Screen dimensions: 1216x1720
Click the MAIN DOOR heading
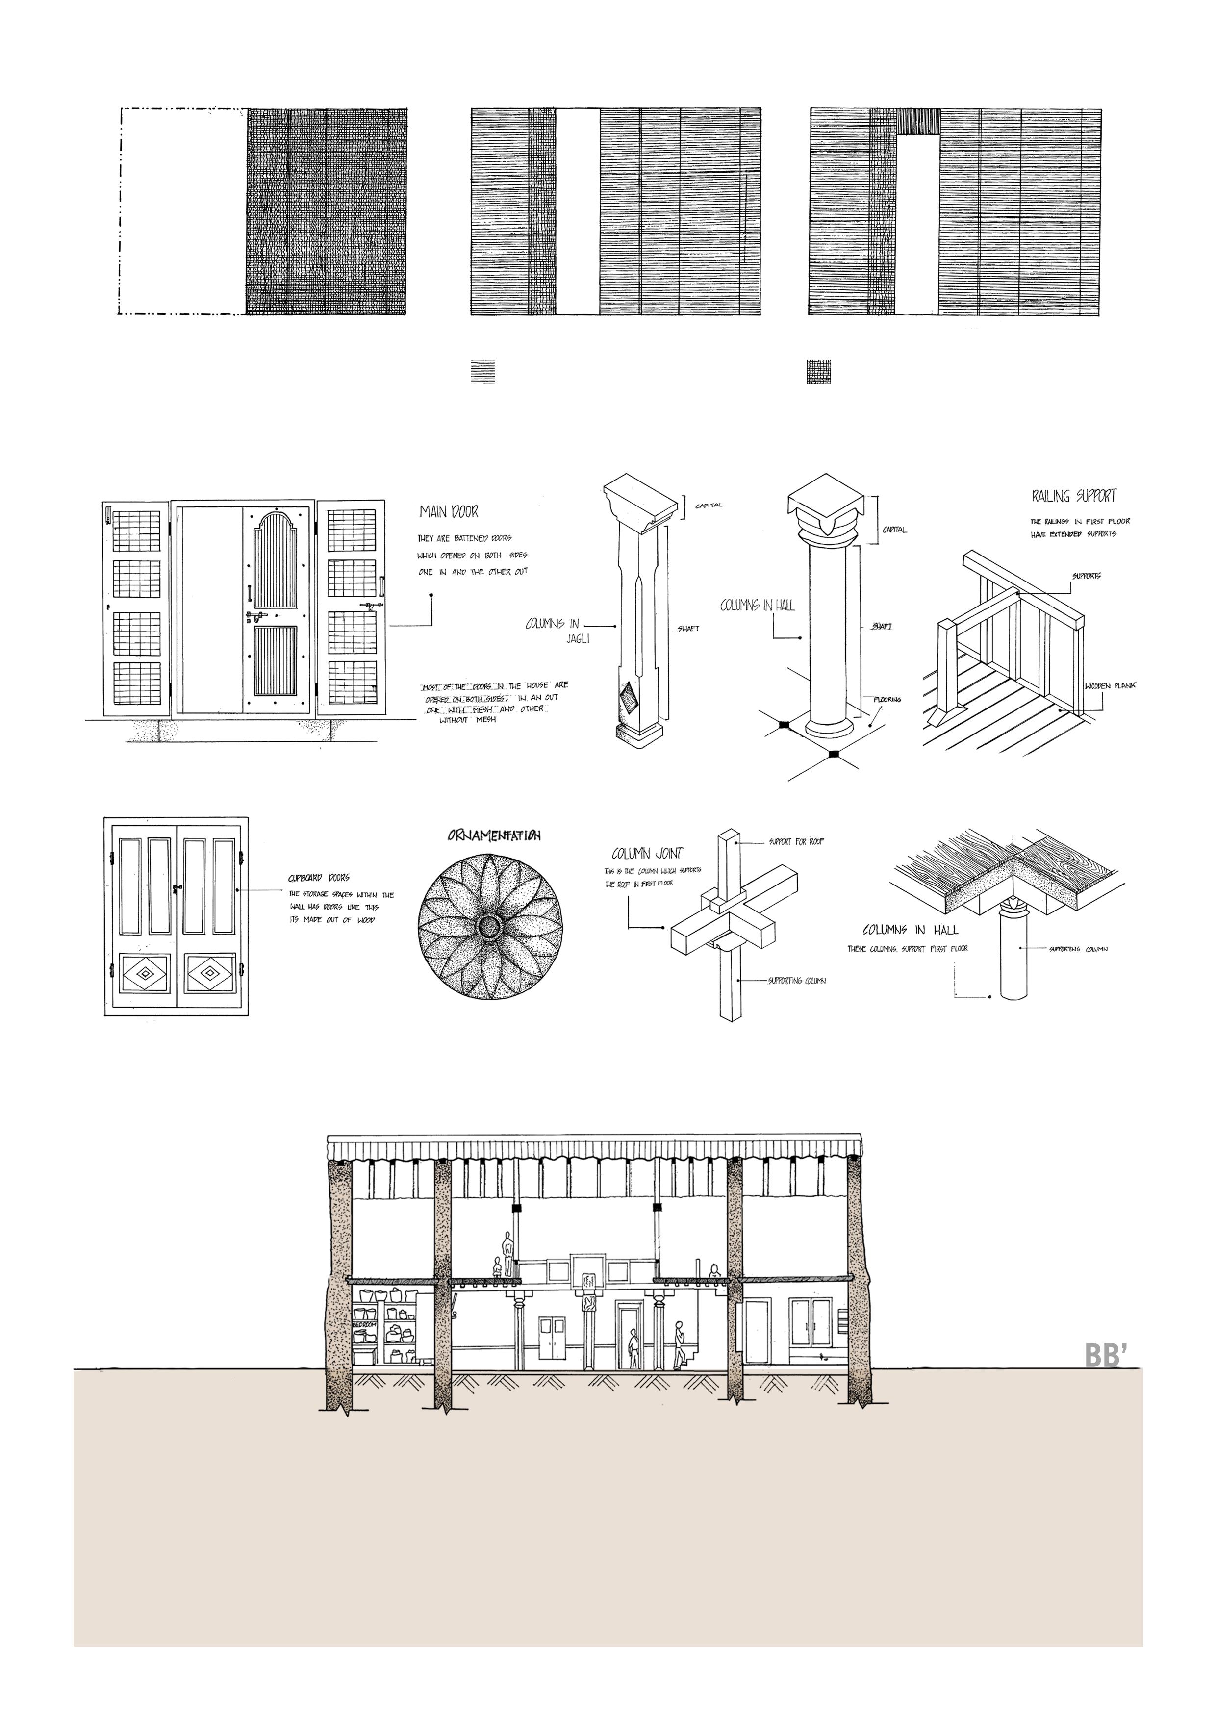(x=449, y=512)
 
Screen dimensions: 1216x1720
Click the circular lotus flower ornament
(x=491, y=928)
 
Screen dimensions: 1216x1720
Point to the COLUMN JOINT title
(x=647, y=853)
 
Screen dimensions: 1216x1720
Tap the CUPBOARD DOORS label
(x=318, y=877)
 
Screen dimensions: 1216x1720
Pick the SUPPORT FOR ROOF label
(x=796, y=842)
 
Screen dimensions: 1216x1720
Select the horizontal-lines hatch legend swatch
(x=482, y=371)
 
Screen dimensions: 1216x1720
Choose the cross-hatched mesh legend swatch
(x=819, y=371)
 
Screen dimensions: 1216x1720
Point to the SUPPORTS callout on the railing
(x=1086, y=576)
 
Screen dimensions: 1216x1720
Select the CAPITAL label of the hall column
(x=894, y=530)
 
